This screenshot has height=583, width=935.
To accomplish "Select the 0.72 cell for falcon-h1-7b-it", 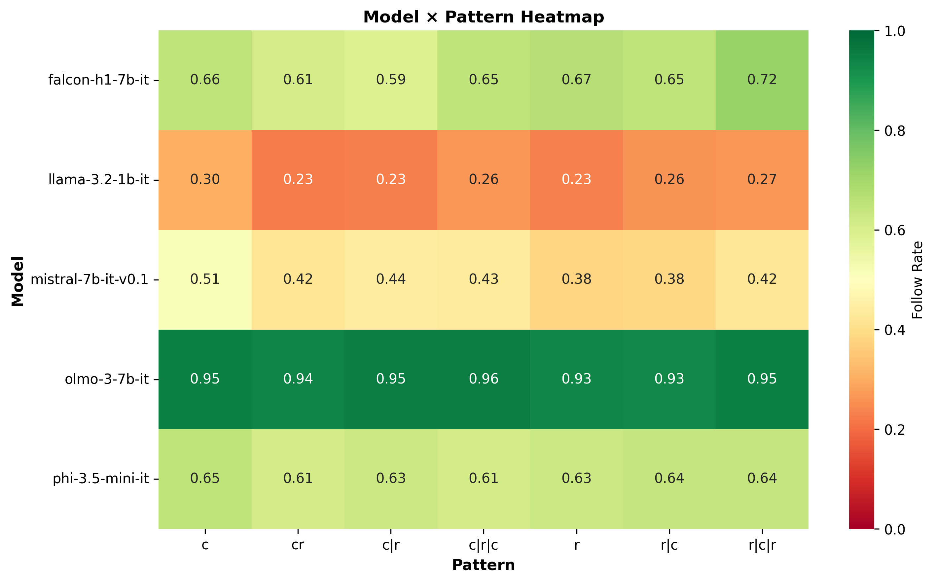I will tap(762, 80).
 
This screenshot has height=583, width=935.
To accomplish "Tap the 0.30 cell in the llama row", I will tap(205, 180).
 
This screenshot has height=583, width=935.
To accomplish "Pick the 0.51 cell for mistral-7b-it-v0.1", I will tap(205, 279).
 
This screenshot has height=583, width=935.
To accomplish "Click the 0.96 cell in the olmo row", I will tap(484, 379).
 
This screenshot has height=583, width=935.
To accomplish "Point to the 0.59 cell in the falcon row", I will tap(391, 80).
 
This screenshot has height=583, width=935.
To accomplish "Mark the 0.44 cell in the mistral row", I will tap(391, 279).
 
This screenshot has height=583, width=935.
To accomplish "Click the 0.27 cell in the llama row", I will tap(762, 180).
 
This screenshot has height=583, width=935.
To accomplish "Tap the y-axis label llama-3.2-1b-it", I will tap(99, 180).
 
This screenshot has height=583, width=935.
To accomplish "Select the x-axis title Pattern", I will tap(484, 565).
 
